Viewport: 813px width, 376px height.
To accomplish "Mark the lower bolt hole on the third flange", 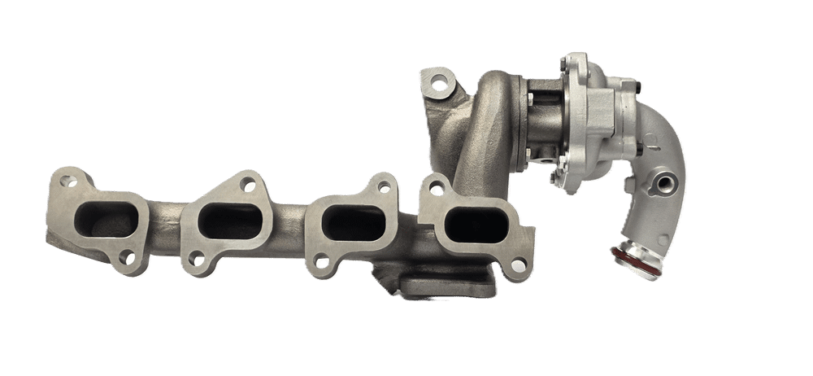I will (323, 263).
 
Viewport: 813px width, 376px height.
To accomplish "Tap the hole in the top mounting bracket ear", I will (439, 82).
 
